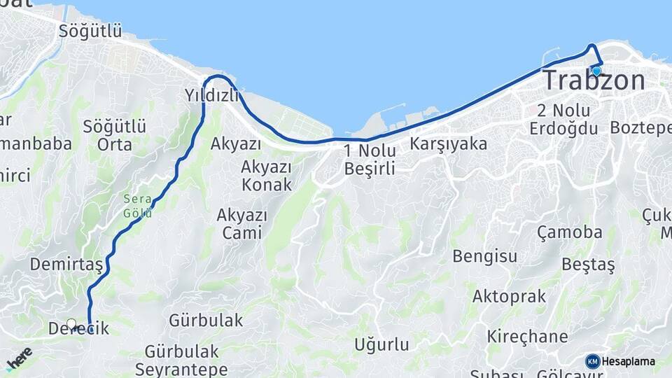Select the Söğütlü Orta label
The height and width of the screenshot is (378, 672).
[115, 135]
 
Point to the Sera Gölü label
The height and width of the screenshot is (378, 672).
[137, 206]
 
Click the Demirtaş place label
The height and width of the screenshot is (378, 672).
[66, 264]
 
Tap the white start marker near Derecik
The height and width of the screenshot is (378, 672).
[71, 324]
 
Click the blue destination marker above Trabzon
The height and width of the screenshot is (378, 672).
[596, 71]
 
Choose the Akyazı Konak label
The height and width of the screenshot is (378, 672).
[266, 175]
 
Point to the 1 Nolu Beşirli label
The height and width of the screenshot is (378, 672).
[370, 159]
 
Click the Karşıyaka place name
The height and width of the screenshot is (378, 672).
[449, 143]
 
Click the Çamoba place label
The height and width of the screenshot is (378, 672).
[569, 232]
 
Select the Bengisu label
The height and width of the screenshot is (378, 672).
[484, 255]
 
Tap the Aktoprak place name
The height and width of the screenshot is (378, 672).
[509, 296]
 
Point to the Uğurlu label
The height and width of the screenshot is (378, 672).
[381, 344]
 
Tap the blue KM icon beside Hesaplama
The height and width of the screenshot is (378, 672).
[593, 361]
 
